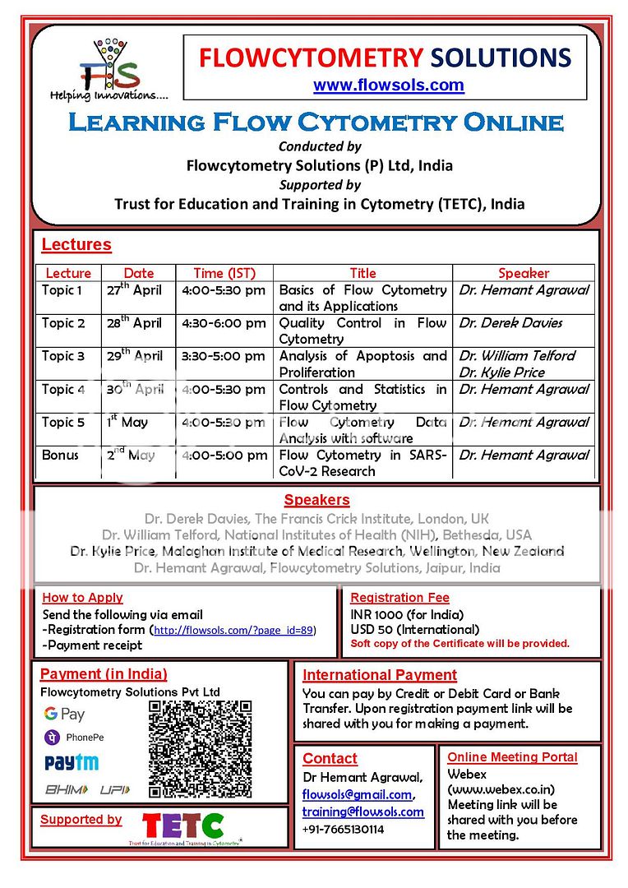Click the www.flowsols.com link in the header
[x=388, y=86]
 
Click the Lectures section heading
[x=76, y=245]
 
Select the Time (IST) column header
[x=224, y=273]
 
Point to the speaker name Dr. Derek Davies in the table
[x=510, y=323]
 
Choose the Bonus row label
[x=61, y=455]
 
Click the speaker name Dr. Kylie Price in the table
[x=501, y=372]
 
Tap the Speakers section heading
[x=316, y=500]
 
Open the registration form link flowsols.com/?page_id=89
[x=233, y=630]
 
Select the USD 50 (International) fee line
[x=414, y=630]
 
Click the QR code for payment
[x=200, y=750]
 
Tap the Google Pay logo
[x=65, y=714]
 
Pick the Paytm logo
[x=72, y=764]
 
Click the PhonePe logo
[x=75, y=738]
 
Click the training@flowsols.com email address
[x=363, y=812]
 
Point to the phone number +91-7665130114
[x=343, y=829]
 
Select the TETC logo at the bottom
[x=183, y=826]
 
